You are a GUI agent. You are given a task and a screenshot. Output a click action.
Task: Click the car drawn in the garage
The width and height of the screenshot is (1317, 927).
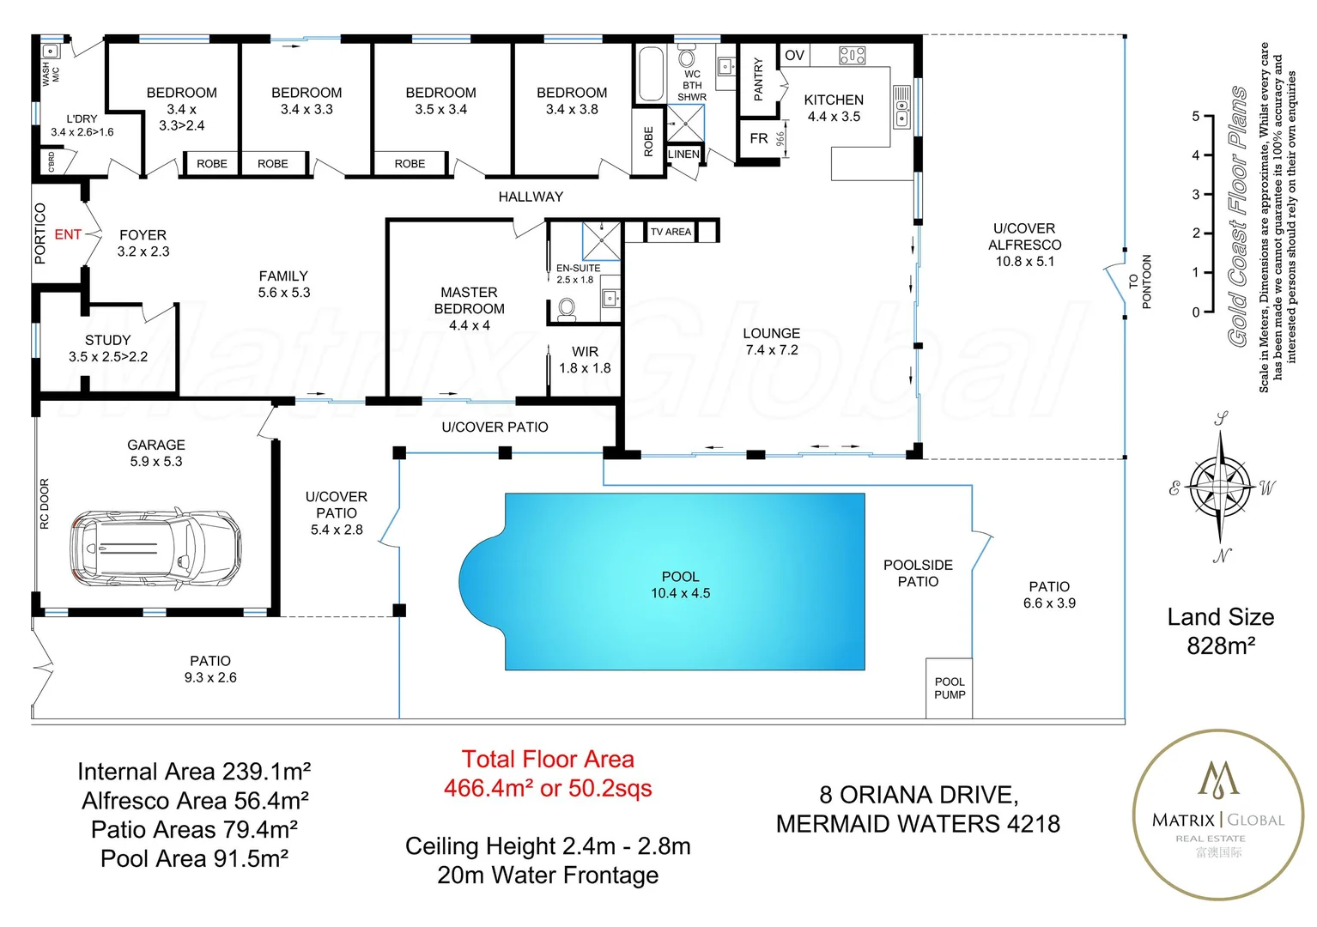(x=155, y=548)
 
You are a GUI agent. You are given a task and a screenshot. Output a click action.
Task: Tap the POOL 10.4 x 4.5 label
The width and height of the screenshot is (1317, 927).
(x=680, y=585)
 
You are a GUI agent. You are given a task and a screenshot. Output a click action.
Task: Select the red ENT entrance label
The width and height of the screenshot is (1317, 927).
(x=68, y=234)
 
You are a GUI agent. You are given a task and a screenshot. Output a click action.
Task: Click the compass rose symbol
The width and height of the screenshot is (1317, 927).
(x=1220, y=488)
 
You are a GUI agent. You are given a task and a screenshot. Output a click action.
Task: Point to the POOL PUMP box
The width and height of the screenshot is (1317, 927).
(x=950, y=688)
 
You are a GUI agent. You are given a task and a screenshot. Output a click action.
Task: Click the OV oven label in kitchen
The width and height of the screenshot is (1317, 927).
(x=794, y=56)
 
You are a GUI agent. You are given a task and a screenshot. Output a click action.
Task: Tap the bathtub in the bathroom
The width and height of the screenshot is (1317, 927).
(x=650, y=75)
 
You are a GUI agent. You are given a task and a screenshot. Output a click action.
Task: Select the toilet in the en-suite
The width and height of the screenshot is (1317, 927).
(x=567, y=308)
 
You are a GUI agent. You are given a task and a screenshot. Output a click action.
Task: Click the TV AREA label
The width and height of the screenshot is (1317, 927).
(x=671, y=232)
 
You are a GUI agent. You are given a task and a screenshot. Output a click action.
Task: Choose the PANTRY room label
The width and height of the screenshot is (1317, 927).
(x=758, y=79)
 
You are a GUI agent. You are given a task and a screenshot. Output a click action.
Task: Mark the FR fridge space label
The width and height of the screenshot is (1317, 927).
(x=759, y=138)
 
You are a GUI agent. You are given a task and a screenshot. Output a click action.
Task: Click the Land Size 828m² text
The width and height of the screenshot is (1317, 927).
(x=1220, y=631)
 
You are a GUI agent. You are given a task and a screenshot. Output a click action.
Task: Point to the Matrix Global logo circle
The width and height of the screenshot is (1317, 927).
(x=1218, y=815)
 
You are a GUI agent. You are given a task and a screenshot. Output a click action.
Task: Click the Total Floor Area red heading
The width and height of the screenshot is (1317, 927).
(x=548, y=760)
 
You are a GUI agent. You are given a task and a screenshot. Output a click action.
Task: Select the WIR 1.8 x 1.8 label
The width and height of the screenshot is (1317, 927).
(x=585, y=360)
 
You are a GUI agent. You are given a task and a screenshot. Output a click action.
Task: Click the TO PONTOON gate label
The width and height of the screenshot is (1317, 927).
(x=1139, y=282)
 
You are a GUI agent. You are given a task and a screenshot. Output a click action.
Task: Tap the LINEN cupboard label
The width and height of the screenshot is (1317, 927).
(x=683, y=154)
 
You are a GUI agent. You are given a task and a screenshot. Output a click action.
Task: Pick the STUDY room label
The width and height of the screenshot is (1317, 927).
(x=108, y=340)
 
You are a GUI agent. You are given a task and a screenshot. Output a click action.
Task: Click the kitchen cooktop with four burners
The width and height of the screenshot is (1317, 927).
(x=852, y=56)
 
